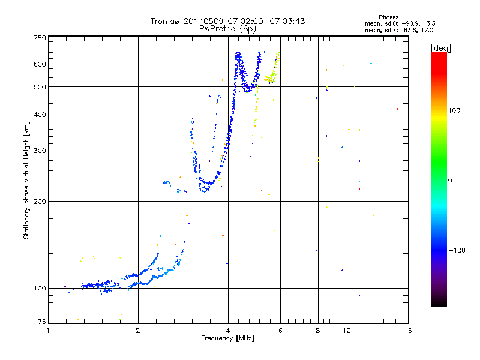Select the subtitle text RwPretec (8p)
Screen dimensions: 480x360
pyautogui.click(x=227, y=29)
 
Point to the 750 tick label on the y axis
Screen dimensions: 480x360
pyautogui.click(x=40, y=38)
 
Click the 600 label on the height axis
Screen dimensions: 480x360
pyautogui.click(x=40, y=64)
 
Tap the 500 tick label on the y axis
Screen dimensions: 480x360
pyautogui.click(x=40, y=87)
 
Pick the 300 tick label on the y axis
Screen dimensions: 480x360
pyautogui.click(x=40, y=151)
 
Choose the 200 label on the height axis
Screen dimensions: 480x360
pyautogui.click(x=40, y=202)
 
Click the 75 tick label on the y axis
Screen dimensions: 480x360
pyautogui.click(x=42, y=322)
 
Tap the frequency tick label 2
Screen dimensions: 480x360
pyautogui.click(x=138, y=331)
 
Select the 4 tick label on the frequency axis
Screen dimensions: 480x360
pyautogui.click(x=228, y=331)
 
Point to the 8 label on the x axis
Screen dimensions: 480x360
pyautogui.click(x=318, y=331)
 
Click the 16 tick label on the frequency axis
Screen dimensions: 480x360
pyautogui.click(x=408, y=331)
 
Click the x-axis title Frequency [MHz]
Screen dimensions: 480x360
pyautogui.click(x=227, y=338)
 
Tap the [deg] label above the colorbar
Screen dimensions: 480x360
pyautogui.click(x=440, y=48)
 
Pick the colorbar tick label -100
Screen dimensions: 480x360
pyautogui.click(x=457, y=250)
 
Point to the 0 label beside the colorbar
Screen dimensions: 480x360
pyautogui.click(x=450, y=181)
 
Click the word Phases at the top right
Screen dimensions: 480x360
pyautogui.click(x=388, y=17)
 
